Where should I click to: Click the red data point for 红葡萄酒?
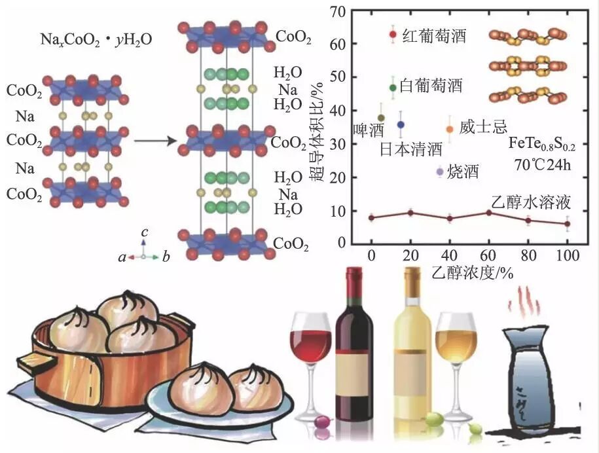click(x=393, y=35)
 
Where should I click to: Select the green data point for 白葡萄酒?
click(x=393, y=87)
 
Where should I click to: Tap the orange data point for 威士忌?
click(x=450, y=129)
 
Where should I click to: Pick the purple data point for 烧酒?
click(x=440, y=172)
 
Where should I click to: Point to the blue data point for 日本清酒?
click(x=401, y=124)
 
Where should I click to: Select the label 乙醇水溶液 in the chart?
click(x=537, y=202)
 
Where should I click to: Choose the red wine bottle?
click(x=354, y=340)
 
